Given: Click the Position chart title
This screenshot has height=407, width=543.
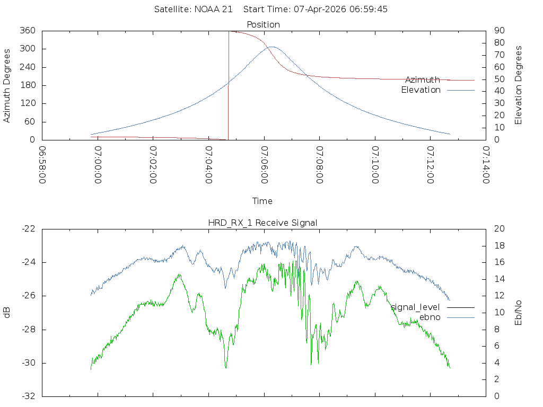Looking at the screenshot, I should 263,24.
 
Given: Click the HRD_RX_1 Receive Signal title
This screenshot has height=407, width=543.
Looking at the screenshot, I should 263,223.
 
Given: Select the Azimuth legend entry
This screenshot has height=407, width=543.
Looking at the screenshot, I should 422,79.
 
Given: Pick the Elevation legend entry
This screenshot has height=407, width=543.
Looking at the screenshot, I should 421,90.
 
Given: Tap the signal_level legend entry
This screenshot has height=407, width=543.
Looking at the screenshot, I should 415,307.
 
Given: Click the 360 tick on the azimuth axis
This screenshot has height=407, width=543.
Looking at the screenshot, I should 28,31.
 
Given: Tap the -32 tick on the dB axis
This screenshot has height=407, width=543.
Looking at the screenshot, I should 28,396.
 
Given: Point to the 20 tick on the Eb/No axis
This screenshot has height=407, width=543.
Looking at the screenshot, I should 498,229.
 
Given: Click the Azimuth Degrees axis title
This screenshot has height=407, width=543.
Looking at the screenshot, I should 7,85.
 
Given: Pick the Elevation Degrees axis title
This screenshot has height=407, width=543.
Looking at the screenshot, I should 519,85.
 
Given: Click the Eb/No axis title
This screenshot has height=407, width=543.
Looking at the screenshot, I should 519,313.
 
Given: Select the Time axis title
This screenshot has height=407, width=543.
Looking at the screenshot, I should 262,201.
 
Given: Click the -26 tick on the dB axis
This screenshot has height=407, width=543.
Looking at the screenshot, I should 28,296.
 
